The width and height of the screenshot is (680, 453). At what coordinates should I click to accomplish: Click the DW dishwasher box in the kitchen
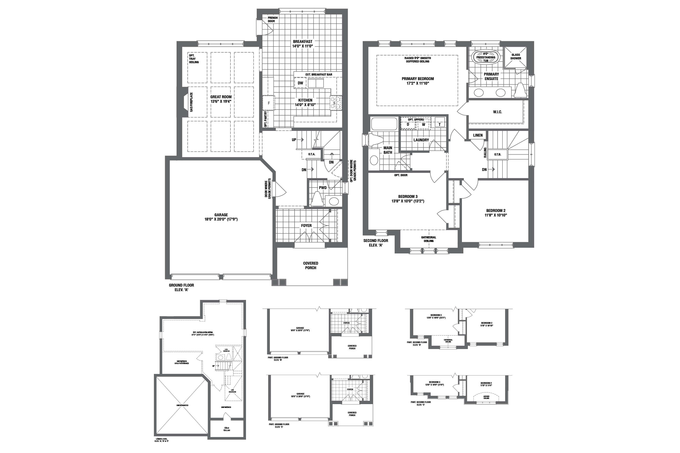click(300, 83)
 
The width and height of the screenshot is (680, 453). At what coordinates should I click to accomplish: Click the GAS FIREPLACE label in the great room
click(191, 102)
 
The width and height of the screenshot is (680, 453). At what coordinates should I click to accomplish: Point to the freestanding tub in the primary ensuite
click(486, 57)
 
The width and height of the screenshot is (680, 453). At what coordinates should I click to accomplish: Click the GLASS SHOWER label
click(516, 56)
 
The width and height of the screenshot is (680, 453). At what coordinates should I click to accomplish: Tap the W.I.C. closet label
click(497, 112)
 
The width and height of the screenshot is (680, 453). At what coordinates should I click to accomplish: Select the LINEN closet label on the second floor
click(478, 135)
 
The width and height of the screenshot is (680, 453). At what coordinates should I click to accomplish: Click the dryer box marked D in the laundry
click(408, 124)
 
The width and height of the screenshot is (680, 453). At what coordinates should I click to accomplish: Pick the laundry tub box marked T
click(439, 124)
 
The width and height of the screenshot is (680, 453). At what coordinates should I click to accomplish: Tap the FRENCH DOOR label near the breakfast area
click(272, 19)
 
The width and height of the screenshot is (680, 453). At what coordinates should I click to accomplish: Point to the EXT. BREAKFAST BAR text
click(319, 75)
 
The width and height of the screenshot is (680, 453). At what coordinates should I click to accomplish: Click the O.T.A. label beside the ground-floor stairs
click(312, 154)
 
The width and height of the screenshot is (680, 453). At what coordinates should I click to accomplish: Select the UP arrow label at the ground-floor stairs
click(294, 140)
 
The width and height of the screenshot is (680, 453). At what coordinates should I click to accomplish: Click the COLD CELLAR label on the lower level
click(227, 429)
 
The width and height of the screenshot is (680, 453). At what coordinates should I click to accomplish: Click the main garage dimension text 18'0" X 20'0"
click(221, 219)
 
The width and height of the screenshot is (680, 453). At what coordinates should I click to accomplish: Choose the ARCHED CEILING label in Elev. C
click(486, 397)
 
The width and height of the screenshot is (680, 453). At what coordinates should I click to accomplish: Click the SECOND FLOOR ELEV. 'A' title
click(376, 243)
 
